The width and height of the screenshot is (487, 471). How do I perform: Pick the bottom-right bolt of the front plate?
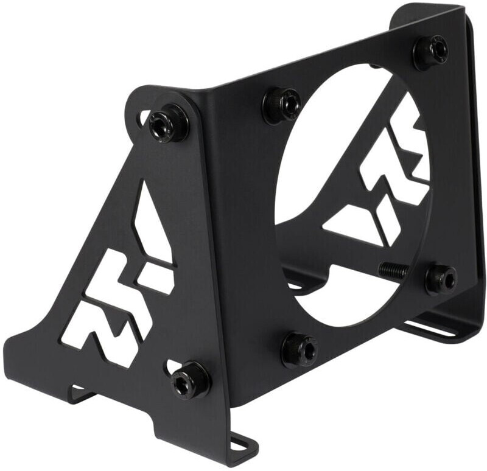(440, 279)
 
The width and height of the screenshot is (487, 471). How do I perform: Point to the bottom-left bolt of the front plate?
(299, 350)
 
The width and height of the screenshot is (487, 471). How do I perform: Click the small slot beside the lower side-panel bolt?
(169, 367)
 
